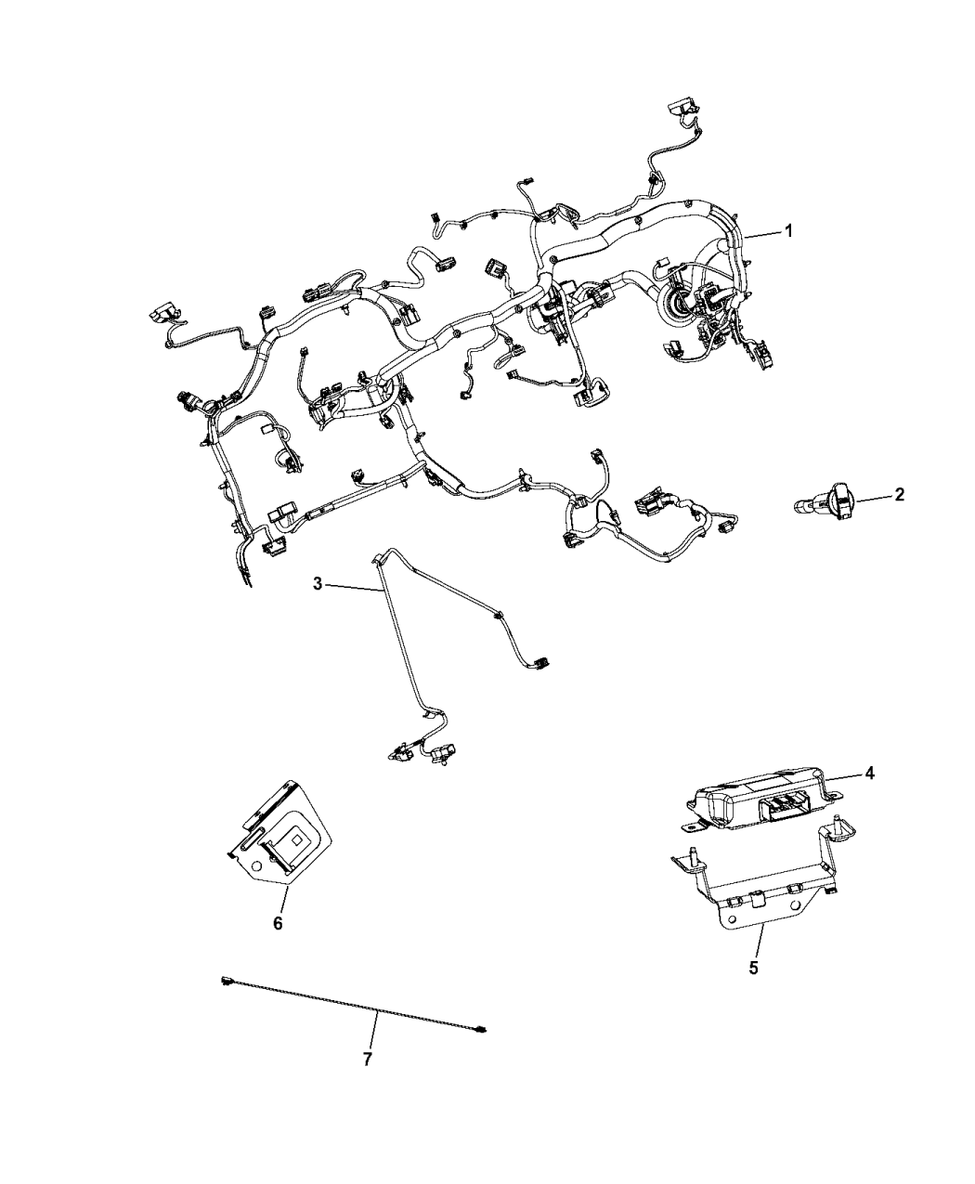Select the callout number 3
pyautogui.click(x=318, y=584)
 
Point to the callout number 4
pyautogui.click(x=870, y=773)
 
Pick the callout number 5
pyautogui.click(x=753, y=967)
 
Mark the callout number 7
pyautogui.click(x=368, y=1059)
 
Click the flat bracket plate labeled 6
pyautogui.click(x=279, y=831)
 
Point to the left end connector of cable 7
pyautogui.click(x=227, y=980)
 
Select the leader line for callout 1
pyautogui.click(x=763, y=236)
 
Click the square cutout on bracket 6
pyautogui.click(x=295, y=838)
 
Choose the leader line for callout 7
pyautogui.click(x=375, y=1032)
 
